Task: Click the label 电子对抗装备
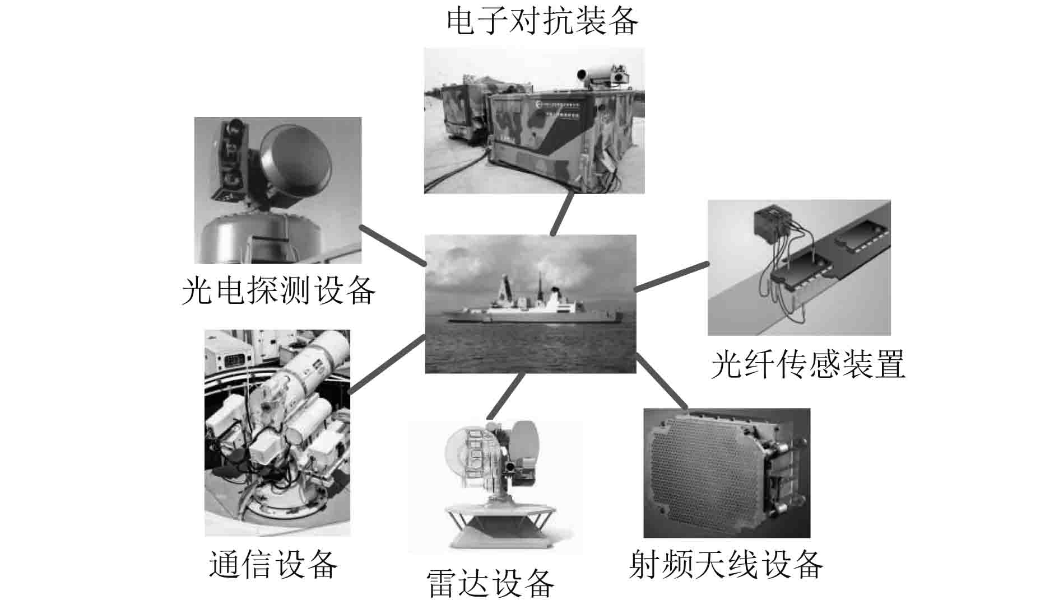(x=542, y=21)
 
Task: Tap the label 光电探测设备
(x=278, y=290)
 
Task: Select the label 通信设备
(x=273, y=564)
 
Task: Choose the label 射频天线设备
(x=726, y=565)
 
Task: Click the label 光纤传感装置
(x=807, y=364)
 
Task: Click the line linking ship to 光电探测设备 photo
(x=392, y=245)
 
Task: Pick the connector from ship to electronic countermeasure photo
(x=562, y=214)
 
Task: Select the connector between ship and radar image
(x=505, y=396)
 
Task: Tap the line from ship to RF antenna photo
(x=662, y=381)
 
